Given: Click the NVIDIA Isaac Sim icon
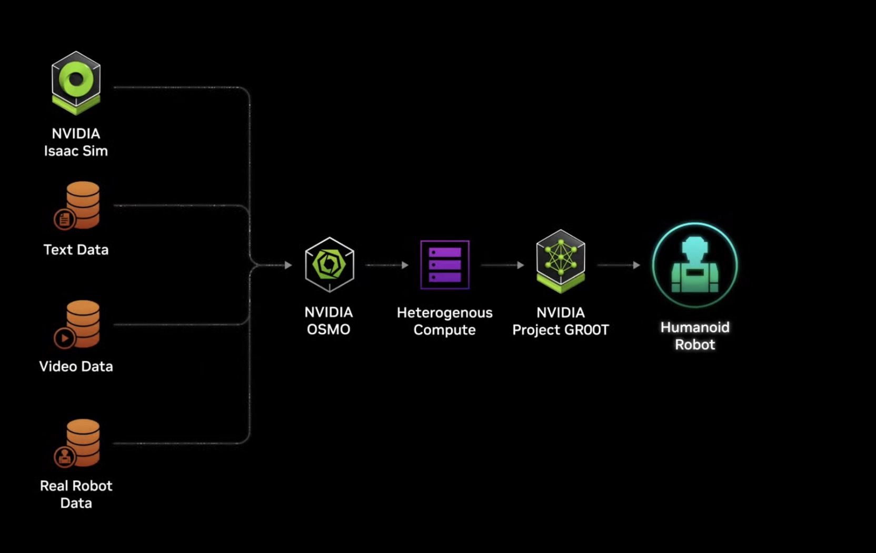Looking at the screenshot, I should tap(76, 83).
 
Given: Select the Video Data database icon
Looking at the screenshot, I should tap(78, 324).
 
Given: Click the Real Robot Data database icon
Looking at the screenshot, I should tap(78, 443).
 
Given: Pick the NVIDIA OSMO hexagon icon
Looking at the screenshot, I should tap(330, 264).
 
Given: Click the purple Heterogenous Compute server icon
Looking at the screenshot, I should tap(445, 265).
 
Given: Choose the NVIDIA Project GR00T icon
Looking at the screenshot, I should tap(561, 261).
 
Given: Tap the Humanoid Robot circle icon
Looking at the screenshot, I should tap(695, 265).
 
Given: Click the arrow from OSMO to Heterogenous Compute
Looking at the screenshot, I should tap(387, 265).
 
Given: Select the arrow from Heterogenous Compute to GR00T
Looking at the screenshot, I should tap(503, 265).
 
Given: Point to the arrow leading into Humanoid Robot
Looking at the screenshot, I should tap(619, 265).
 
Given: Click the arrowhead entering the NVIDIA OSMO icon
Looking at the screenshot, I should tap(288, 265).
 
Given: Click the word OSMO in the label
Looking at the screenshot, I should tap(328, 330).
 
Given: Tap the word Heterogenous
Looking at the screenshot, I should tap(445, 313).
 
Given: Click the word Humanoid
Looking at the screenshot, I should tap(695, 328).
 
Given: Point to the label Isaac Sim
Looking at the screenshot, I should tap(76, 151).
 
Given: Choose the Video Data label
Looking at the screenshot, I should tap(76, 367).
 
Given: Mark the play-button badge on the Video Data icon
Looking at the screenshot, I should tap(64, 338).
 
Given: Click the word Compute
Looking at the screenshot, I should tap(445, 330).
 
